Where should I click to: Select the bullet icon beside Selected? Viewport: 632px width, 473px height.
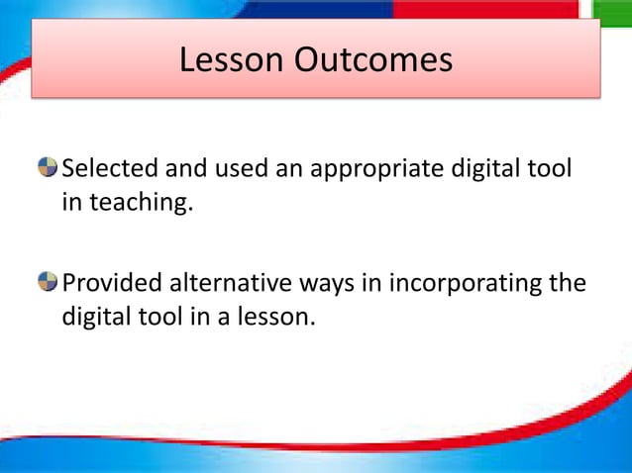coord(49,169)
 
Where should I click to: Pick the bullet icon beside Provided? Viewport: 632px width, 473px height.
coord(49,284)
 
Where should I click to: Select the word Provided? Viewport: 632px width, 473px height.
coord(113,285)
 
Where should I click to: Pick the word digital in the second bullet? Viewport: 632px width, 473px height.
coord(96,321)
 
